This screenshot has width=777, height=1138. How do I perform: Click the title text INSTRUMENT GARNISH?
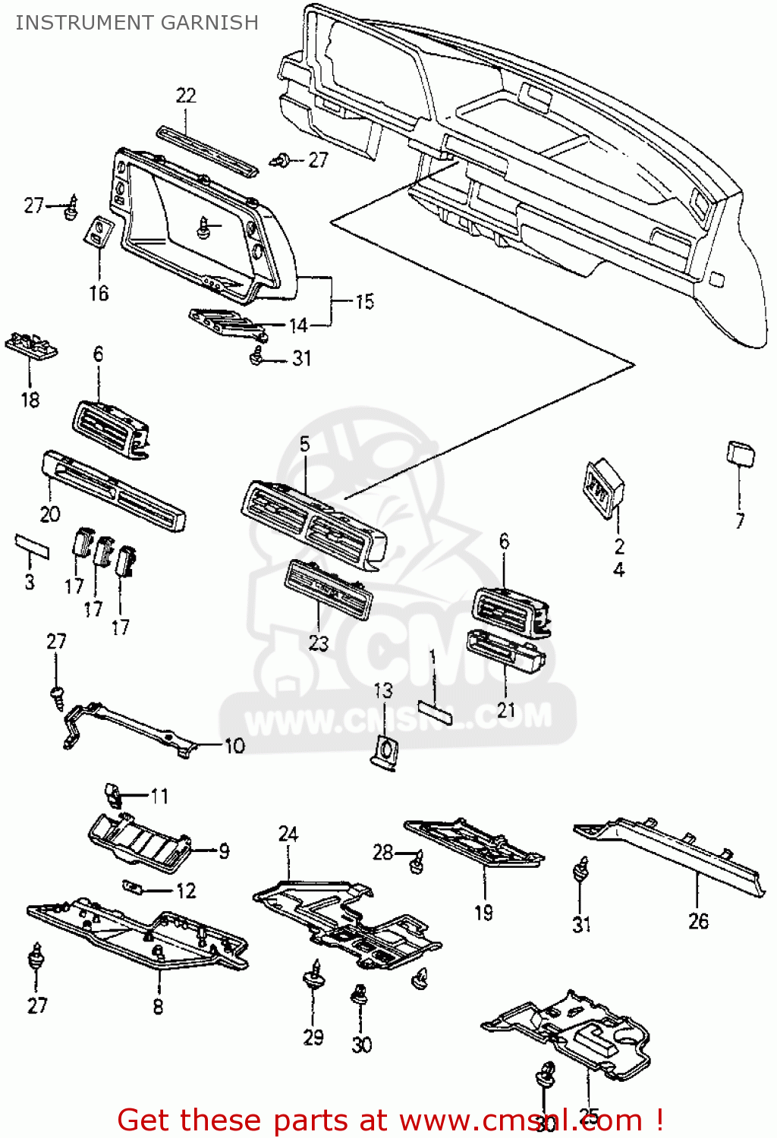pyautogui.click(x=137, y=22)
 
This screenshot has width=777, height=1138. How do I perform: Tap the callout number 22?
pyautogui.click(x=186, y=96)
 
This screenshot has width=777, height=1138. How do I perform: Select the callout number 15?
pyautogui.click(x=365, y=302)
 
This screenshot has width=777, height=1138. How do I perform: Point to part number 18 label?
pyautogui.click(x=30, y=400)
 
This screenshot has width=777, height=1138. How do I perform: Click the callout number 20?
pyautogui.click(x=50, y=514)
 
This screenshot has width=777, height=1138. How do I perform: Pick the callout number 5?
pyautogui.click(x=304, y=445)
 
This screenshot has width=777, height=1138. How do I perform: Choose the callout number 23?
pyautogui.click(x=319, y=643)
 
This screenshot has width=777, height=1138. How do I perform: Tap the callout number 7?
pyautogui.click(x=740, y=521)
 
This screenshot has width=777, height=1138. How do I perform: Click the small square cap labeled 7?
pyautogui.click(x=741, y=454)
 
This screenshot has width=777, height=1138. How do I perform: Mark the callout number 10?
pyautogui.click(x=234, y=746)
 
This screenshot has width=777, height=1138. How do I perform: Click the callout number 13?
pyautogui.click(x=383, y=690)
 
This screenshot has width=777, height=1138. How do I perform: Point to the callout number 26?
pyautogui.click(x=698, y=921)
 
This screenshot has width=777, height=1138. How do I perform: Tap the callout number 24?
pyautogui.click(x=288, y=835)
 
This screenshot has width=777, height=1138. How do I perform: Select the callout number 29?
pyautogui.click(x=313, y=1037)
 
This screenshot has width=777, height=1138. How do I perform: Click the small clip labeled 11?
pyautogui.click(x=113, y=794)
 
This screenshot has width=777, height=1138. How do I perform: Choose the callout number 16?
pyautogui.click(x=99, y=293)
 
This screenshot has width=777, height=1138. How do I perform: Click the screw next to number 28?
pyautogui.click(x=416, y=862)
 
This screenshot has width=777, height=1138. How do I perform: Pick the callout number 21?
pyautogui.click(x=506, y=710)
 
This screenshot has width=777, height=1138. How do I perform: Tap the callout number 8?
pyautogui.click(x=158, y=1007)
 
